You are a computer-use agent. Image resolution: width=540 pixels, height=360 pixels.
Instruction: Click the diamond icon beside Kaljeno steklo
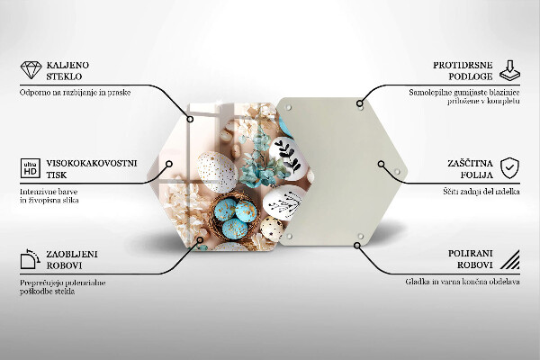[x=30, y=69]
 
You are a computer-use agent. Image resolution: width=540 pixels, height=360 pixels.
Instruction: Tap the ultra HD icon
[x=30, y=168]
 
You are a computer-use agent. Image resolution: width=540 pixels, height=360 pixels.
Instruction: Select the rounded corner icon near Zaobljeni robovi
[x=30, y=261]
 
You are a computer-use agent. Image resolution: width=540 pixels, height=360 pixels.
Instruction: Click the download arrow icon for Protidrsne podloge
[x=509, y=69]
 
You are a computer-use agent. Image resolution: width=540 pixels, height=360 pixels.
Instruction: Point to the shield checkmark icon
[x=509, y=168]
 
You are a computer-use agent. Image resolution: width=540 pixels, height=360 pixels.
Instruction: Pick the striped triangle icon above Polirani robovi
[x=509, y=262]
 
